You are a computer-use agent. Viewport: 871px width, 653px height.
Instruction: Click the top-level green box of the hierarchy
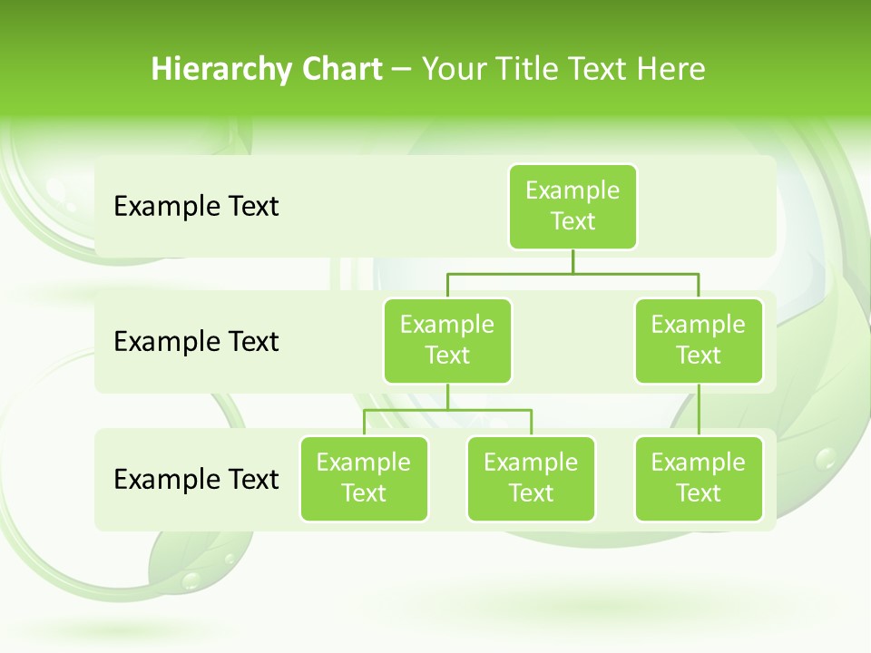click(x=573, y=206)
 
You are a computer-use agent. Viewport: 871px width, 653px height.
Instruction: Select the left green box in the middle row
click(x=447, y=340)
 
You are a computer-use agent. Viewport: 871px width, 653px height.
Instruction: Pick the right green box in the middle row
click(x=699, y=340)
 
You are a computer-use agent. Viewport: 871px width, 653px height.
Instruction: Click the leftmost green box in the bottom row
click(x=364, y=478)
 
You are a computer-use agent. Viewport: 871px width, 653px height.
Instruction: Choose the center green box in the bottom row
click(x=531, y=478)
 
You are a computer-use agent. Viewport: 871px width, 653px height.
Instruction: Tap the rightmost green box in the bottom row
click(x=699, y=478)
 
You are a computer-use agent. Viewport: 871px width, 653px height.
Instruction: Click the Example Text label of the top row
click(x=196, y=207)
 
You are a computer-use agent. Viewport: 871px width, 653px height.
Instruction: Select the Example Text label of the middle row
click(x=196, y=342)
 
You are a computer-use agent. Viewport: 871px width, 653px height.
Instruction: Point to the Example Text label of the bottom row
click(x=196, y=479)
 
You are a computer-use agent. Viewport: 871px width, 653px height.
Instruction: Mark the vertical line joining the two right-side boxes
click(x=699, y=410)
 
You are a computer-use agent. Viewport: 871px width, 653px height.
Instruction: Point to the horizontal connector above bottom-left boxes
click(x=447, y=410)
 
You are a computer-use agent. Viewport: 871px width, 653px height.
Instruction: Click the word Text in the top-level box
click(x=573, y=221)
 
